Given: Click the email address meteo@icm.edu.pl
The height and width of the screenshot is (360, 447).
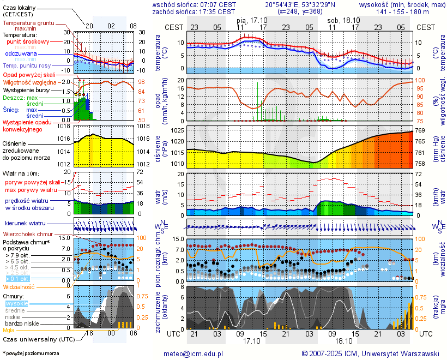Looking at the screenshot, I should pyautogui.click(x=194, y=353).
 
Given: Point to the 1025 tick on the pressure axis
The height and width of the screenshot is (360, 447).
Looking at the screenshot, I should pyautogui.click(x=177, y=131).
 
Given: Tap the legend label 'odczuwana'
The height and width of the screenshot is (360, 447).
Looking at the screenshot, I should pyautogui.click(x=21, y=54).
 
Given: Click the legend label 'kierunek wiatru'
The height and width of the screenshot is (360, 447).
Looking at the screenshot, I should pyautogui.click(x=25, y=224).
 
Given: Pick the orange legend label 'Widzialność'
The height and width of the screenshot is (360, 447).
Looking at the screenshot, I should pyautogui.click(x=19, y=286).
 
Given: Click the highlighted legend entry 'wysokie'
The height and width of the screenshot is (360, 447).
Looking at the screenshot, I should pyautogui.click(x=16, y=303).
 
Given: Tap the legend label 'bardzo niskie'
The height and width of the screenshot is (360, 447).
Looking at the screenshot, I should pyautogui.click(x=22, y=323).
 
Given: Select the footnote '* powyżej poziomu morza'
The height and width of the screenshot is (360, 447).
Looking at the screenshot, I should pyautogui.click(x=31, y=353).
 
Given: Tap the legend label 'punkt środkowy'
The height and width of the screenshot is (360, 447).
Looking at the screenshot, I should pyautogui.click(x=28, y=41).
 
